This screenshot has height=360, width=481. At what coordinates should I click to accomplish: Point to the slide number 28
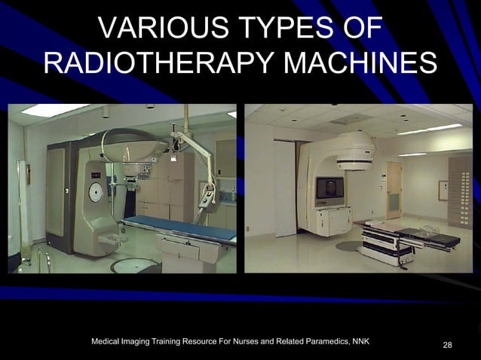point(448,345)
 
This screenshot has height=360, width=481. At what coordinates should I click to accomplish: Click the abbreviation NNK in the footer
point(357,342)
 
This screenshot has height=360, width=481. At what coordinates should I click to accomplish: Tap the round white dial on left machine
point(96,193)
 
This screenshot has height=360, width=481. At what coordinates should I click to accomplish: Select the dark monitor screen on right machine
point(328,188)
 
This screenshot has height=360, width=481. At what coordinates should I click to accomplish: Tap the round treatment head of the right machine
point(354,151)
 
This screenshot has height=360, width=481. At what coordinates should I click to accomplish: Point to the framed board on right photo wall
point(443,190)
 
